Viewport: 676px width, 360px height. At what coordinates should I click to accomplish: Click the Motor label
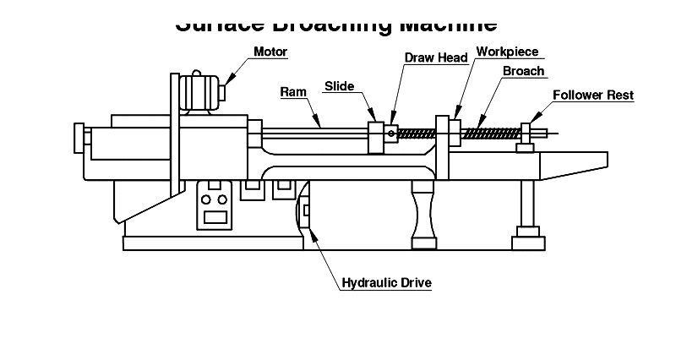pos(270,52)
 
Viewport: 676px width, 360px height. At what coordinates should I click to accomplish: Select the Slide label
pos(340,86)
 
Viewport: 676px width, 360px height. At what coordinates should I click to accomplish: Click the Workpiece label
pos(507,52)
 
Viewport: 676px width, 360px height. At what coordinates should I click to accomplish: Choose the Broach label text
pos(523,72)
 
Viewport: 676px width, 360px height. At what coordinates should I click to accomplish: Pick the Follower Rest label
pos(593,95)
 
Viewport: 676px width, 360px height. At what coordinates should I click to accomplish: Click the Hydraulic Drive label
pos(386,283)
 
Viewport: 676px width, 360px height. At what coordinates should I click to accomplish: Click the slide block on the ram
pos(376,138)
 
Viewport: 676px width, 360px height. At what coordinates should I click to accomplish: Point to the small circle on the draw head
pos(390,132)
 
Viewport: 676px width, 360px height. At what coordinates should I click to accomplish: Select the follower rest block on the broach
pos(526,134)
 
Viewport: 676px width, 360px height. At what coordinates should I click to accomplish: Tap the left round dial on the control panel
pos(206,200)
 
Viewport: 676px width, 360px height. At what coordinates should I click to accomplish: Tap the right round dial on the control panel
pos(222,200)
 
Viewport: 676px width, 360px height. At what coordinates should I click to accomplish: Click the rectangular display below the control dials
pos(214,216)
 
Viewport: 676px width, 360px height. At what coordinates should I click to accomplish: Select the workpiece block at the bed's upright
pos(454,130)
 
